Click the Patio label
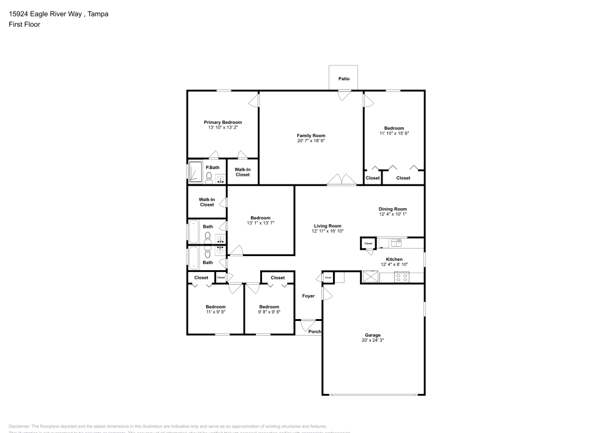[344, 79]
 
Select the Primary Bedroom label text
[223, 122]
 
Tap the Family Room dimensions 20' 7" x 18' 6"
[311, 141]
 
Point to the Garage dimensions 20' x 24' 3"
[373, 340]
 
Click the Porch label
[315, 331]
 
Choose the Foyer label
[308, 296]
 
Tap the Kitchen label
[394, 259]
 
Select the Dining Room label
[393, 209]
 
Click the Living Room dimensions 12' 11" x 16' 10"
[327, 231]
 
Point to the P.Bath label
[212, 167]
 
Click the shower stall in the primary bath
[196, 172]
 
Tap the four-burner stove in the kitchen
[402, 277]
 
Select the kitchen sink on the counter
[395, 242]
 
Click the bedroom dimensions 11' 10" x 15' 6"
[394, 133]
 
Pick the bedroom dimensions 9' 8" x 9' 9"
[269, 312]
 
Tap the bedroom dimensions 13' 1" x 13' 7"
[260, 223]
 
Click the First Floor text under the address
[24, 24]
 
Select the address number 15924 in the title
[18, 13]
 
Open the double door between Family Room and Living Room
[341, 180]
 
